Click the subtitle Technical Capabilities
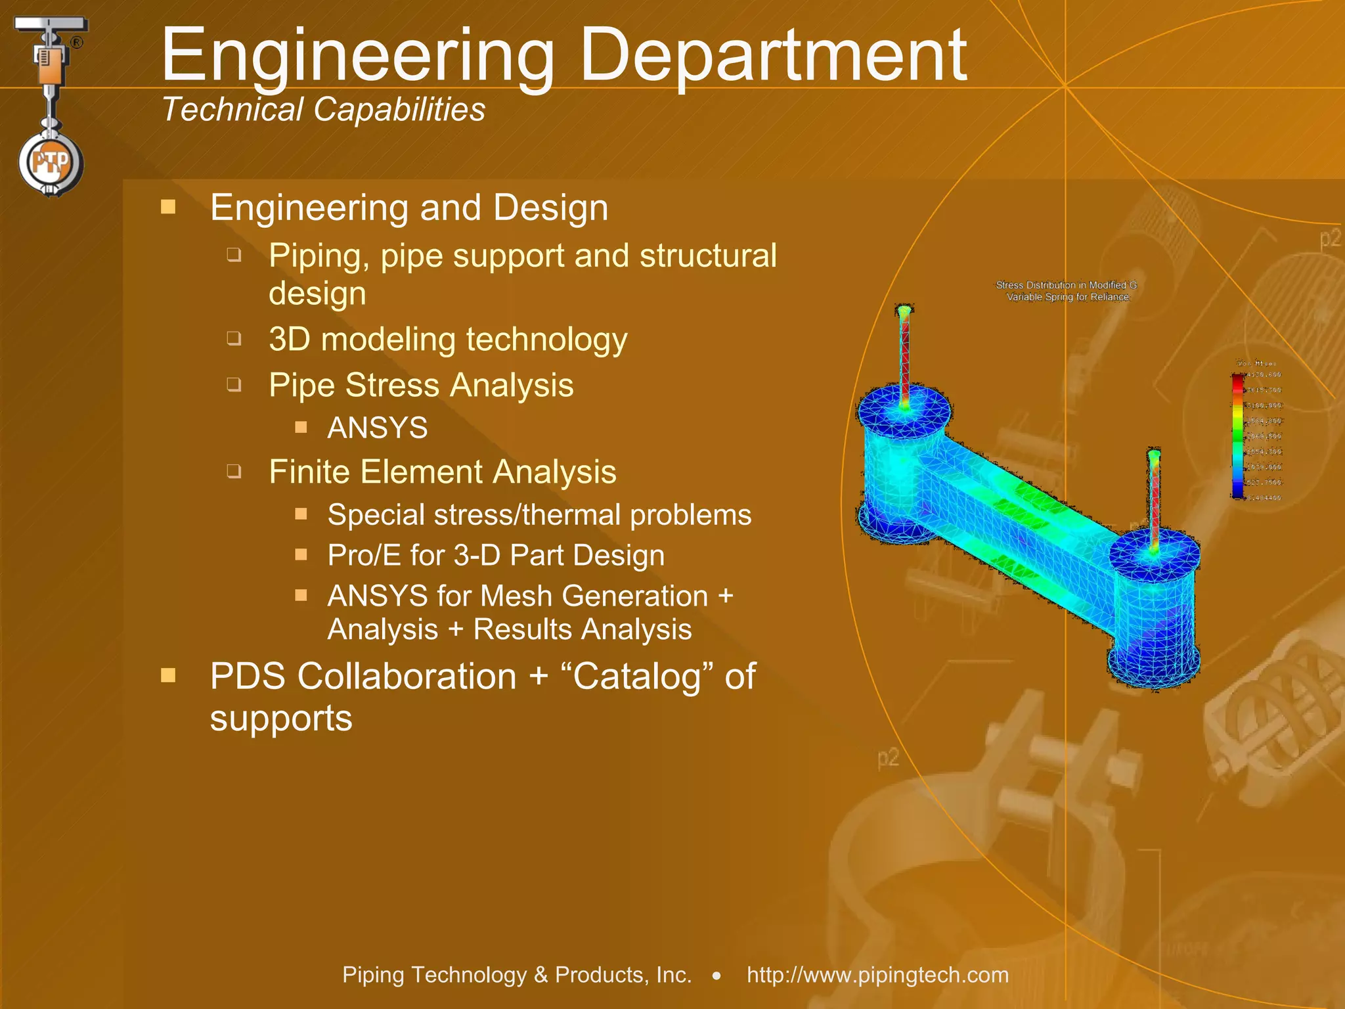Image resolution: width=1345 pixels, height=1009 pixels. [x=323, y=109]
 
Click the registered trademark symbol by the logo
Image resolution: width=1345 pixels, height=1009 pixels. [x=77, y=43]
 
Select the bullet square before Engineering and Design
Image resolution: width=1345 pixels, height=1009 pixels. [x=168, y=208]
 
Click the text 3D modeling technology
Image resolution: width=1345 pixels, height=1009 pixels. [x=448, y=340]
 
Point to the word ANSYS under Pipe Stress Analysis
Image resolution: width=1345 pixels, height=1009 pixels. [x=378, y=428]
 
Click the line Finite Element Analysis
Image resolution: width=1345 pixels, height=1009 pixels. [x=442, y=472]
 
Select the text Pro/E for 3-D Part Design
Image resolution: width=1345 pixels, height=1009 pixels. [x=496, y=555]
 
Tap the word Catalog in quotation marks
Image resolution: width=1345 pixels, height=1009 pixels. [x=635, y=677]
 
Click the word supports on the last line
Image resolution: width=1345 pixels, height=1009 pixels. [x=281, y=718]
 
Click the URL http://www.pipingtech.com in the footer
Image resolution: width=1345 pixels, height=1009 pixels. [x=877, y=975]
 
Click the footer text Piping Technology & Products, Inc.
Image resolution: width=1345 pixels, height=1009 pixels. [x=517, y=975]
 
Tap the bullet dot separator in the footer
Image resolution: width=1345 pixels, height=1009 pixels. [x=717, y=976]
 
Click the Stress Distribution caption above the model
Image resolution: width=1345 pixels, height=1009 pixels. [x=1067, y=290]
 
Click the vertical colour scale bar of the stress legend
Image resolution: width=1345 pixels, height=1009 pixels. [x=1237, y=436]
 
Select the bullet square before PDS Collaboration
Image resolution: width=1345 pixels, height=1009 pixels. [x=168, y=675]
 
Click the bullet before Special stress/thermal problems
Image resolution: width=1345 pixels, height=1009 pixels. [x=301, y=514]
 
